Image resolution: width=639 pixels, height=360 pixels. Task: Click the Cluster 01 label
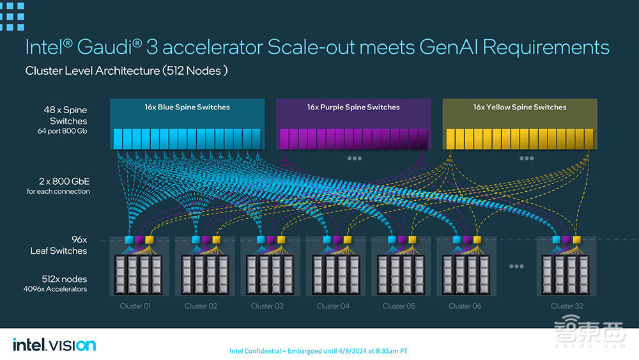pyautogui.click(x=135, y=306)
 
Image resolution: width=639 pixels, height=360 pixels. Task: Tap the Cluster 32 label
pyautogui.click(x=567, y=306)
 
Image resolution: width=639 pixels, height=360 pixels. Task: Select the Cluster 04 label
pyautogui.click(x=333, y=306)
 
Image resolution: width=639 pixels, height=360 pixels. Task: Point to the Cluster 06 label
pyautogui.click(x=465, y=306)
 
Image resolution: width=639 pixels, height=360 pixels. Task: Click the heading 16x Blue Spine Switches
pyautogui.click(x=187, y=107)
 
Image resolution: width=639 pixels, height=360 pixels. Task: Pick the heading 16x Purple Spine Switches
pyautogui.click(x=353, y=107)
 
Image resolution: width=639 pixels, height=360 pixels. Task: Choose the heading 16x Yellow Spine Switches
pyautogui.click(x=520, y=107)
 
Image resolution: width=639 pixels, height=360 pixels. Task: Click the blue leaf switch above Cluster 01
pyautogui.click(x=128, y=240)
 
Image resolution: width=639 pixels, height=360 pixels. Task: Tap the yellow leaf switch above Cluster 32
pyautogui.click(x=577, y=240)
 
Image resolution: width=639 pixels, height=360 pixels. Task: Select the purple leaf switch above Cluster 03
pyautogui.click(x=270, y=240)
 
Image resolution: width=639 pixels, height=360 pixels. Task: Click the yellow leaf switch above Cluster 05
pyautogui.click(x=412, y=240)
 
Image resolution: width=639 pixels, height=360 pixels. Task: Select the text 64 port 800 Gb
pyautogui.click(x=62, y=131)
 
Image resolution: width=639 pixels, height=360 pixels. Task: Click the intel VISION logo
pyautogui.click(x=54, y=345)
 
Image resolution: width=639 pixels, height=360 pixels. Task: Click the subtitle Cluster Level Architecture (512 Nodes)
pyautogui.click(x=127, y=71)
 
